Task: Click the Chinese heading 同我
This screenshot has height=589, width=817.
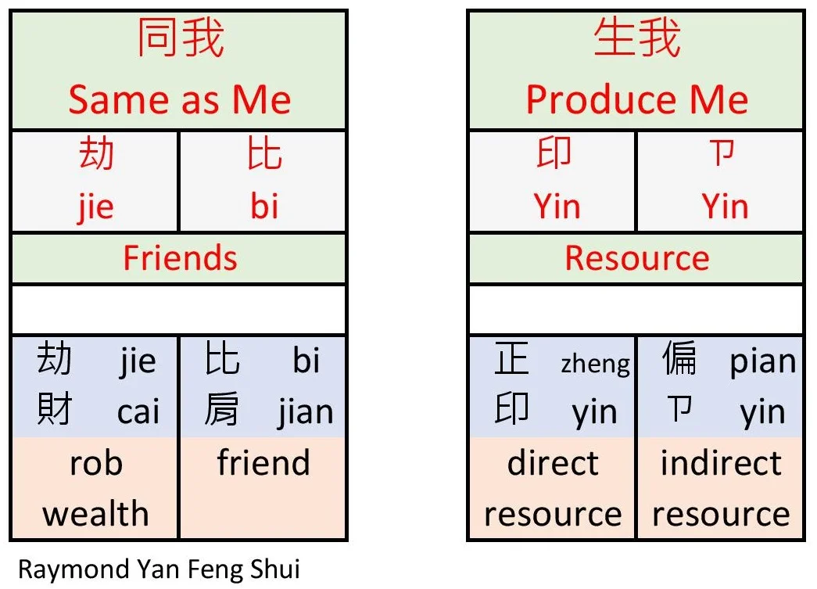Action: click(180, 40)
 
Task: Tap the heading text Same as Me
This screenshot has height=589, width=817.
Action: click(179, 100)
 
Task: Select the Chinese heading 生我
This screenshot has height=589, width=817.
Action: click(636, 40)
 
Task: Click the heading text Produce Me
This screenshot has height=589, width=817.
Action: click(636, 100)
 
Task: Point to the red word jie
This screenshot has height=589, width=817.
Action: click(95, 207)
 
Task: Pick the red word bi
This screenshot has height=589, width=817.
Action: click(264, 207)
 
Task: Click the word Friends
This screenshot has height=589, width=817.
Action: click(179, 258)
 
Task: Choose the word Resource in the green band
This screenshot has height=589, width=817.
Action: click(636, 258)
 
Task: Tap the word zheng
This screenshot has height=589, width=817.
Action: click(595, 363)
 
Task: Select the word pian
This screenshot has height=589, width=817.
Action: click(762, 361)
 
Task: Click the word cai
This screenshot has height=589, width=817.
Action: click(138, 412)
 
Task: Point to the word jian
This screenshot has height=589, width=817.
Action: click(305, 412)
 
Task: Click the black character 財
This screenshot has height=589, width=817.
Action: click(54, 410)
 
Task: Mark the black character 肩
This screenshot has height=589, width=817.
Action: click(221, 410)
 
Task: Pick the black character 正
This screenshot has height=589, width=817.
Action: click(512, 360)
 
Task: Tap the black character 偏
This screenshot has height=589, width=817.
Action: click(679, 360)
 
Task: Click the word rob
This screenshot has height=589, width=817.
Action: click(95, 462)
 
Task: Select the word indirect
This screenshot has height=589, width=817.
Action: click(720, 462)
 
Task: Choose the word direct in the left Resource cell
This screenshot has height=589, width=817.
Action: click(552, 462)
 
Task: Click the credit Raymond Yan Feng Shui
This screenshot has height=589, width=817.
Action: click(159, 569)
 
